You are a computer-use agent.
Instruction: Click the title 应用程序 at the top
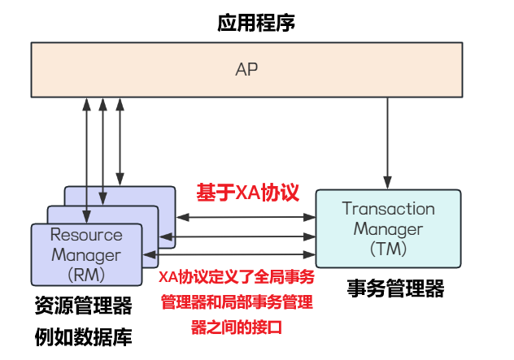point(256,23)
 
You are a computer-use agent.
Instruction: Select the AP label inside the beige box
point(246,69)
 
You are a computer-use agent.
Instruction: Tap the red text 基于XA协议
point(247,193)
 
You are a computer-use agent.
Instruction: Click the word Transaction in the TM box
point(389,209)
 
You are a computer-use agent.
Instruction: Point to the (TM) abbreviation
point(389,249)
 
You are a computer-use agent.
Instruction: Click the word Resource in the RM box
point(86,235)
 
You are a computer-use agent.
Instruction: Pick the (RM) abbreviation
point(86,275)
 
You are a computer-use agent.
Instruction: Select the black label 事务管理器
point(395,288)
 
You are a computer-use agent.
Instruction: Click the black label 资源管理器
point(83,306)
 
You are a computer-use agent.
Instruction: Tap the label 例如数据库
point(83,336)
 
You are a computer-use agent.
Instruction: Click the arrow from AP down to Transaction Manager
point(387,143)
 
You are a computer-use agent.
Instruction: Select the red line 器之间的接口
point(237,327)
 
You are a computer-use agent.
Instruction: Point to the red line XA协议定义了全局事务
point(237,277)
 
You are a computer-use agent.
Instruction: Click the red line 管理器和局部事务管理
point(237,302)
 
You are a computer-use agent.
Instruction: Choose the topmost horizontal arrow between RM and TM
point(246,217)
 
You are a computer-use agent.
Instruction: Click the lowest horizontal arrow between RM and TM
point(229,254)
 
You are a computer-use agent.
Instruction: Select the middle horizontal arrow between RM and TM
point(237,236)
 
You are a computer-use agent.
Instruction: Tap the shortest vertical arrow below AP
point(120,141)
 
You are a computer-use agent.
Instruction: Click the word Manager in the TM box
point(389,229)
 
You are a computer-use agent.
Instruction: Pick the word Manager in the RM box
point(86,255)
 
